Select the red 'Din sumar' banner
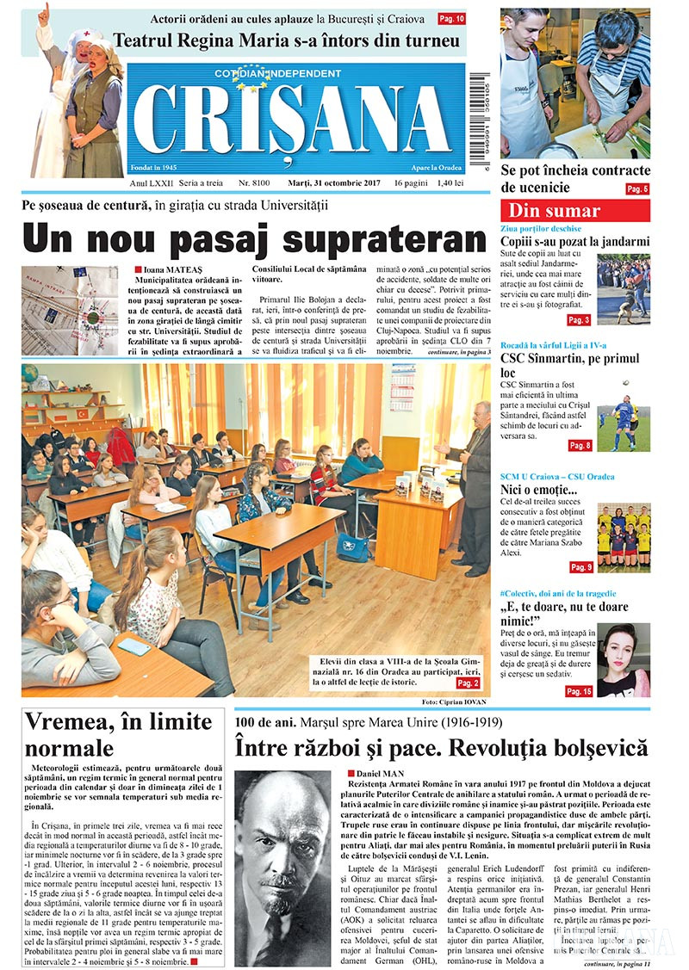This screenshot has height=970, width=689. coord(574,211)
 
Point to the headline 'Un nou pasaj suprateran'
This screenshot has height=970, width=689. coord(254,238)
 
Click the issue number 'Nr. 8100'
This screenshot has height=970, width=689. coord(254,184)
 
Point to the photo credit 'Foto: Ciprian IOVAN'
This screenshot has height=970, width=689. coord(456,702)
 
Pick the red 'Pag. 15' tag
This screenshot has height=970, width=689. coord(579,691)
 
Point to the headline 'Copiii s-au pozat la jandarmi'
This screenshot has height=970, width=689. coord(574,243)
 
